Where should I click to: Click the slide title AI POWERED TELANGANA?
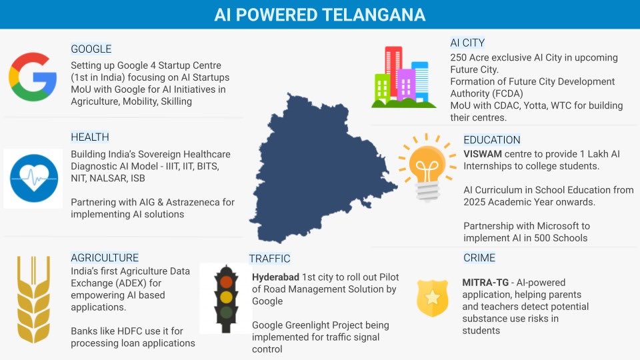(x=319, y=14)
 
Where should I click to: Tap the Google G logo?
(x=32, y=77)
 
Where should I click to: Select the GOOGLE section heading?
(x=91, y=49)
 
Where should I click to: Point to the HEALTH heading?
(x=90, y=137)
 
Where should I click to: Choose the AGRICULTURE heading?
(x=105, y=257)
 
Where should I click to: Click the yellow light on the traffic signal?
(x=227, y=297)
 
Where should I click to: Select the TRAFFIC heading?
(x=269, y=258)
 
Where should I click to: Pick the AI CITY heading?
(x=467, y=43)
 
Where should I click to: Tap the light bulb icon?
(x=423, y=167)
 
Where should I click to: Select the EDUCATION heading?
(x=492, y=140)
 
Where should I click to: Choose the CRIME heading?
(x=479, y=257)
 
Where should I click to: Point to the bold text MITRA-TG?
(x=486, y=283)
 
